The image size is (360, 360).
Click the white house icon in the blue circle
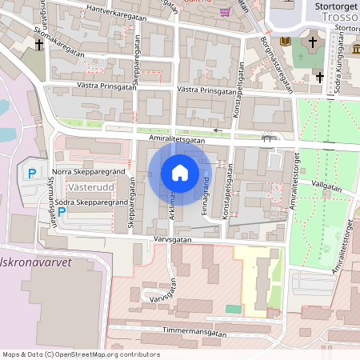pyautogui.click(x=179, y=173)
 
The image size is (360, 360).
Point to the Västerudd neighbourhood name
pyautogui.click(x=89, y=186)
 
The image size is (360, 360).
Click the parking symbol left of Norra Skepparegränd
pyautogui.click(x=32, y=174)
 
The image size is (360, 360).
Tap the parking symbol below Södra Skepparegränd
pyautogui.click(x=61, y=214)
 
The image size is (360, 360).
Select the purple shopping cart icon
pyautogui.click(x=226, y=12)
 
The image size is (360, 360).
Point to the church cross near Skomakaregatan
pyautogui.click(x=39, y=46)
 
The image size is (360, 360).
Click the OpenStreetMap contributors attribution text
pyautogui.click(x=80, y=354)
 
